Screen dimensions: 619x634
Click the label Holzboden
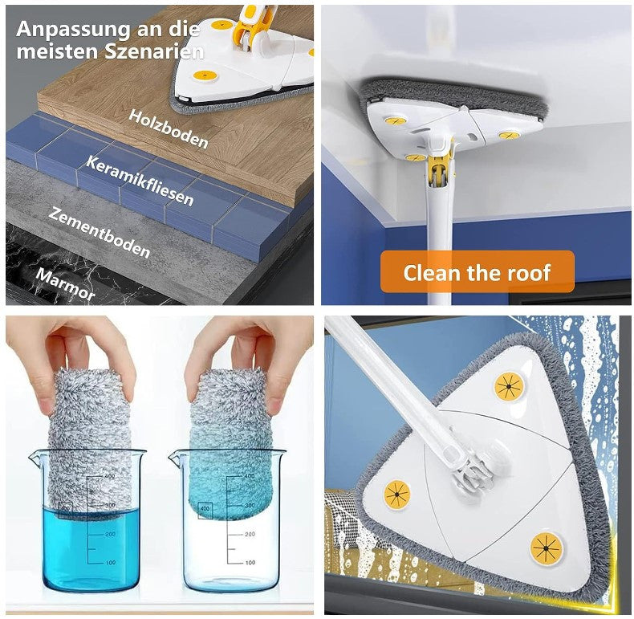[169, 128]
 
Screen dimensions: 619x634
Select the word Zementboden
[99, 232]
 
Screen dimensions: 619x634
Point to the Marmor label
[65, 283]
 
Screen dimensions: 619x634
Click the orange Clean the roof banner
[477, 272]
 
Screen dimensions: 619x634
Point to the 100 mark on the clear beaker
[250, 562]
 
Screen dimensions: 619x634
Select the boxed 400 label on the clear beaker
[205, 509]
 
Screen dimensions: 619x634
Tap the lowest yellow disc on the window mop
[547, 548]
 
